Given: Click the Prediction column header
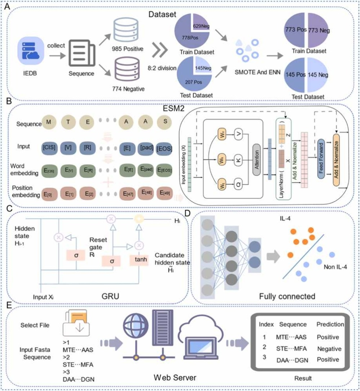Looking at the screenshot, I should pos(330,324).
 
